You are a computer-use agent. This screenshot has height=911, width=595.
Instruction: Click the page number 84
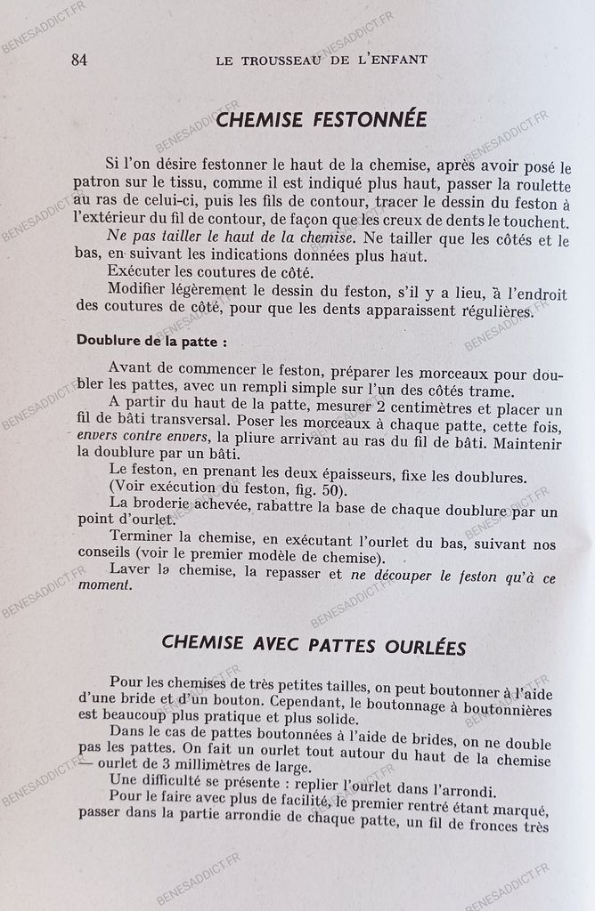point(78,60)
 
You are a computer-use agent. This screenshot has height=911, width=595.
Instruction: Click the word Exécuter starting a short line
point(135,270)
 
